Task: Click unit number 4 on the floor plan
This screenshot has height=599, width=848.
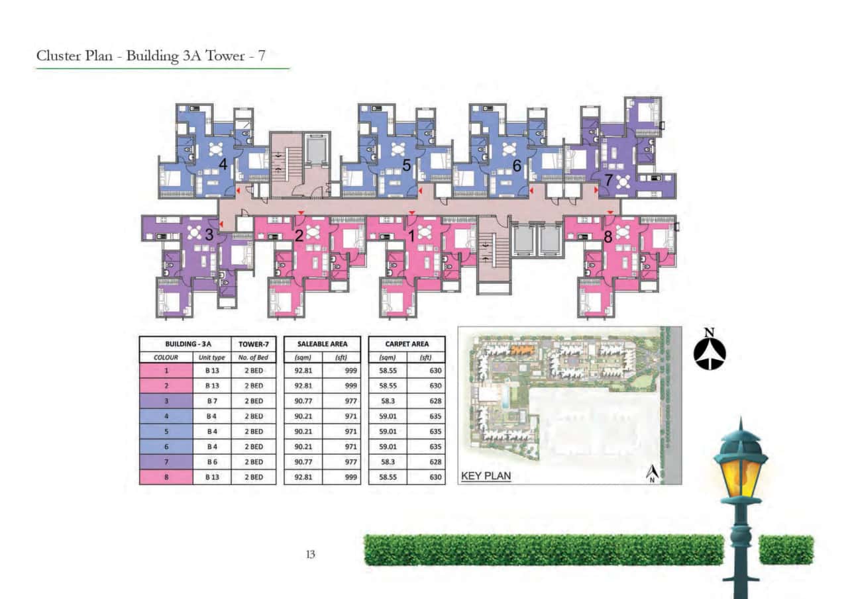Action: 223,165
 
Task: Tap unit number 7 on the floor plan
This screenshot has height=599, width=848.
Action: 608,179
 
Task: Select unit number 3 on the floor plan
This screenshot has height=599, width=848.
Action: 209,234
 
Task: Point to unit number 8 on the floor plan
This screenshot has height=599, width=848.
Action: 608,236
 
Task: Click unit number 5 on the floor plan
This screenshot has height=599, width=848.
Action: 407,165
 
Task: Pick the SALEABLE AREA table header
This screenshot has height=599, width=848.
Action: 322,344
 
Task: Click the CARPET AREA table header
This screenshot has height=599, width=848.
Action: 406,344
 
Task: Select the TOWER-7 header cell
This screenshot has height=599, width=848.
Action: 253,344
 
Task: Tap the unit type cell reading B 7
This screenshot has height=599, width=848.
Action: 212,401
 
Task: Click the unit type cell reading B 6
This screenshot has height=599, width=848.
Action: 212,462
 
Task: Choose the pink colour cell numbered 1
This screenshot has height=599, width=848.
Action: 166,371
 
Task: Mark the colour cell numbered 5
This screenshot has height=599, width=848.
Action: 166,432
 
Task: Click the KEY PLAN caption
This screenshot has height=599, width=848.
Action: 486,476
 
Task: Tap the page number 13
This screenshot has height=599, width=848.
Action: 309,555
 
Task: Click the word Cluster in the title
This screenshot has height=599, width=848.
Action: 58,56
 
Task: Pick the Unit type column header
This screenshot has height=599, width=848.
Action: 212,357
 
